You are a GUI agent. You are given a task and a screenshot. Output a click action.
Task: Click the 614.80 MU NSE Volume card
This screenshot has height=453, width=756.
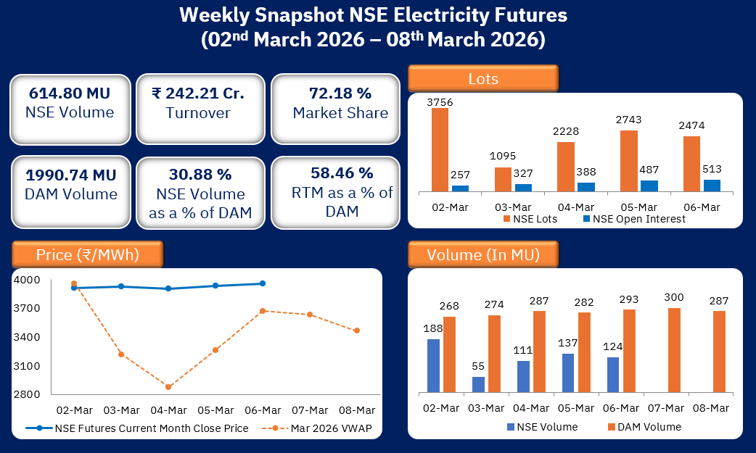(70, 103)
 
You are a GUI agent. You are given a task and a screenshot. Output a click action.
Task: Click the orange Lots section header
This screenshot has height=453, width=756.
(483, 78)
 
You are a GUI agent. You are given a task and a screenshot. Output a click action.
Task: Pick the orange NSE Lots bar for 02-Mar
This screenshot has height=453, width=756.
(440, 149)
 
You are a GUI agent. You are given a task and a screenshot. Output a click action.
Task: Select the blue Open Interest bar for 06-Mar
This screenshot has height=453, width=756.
(712, 186)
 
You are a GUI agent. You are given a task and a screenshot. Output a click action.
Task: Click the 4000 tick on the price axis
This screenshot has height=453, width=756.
(27, 280)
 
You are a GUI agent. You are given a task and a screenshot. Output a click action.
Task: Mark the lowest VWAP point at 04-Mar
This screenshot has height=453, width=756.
(168, 387)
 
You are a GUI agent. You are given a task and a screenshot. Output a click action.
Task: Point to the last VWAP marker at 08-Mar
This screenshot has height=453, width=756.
(356, 331)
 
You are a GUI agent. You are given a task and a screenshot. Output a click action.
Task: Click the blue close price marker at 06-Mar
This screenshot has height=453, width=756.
(262, 283)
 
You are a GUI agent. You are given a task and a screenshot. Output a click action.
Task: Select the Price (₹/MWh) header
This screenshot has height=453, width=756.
(87, 254)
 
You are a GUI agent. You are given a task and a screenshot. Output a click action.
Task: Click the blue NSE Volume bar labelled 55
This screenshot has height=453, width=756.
(478, 385)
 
